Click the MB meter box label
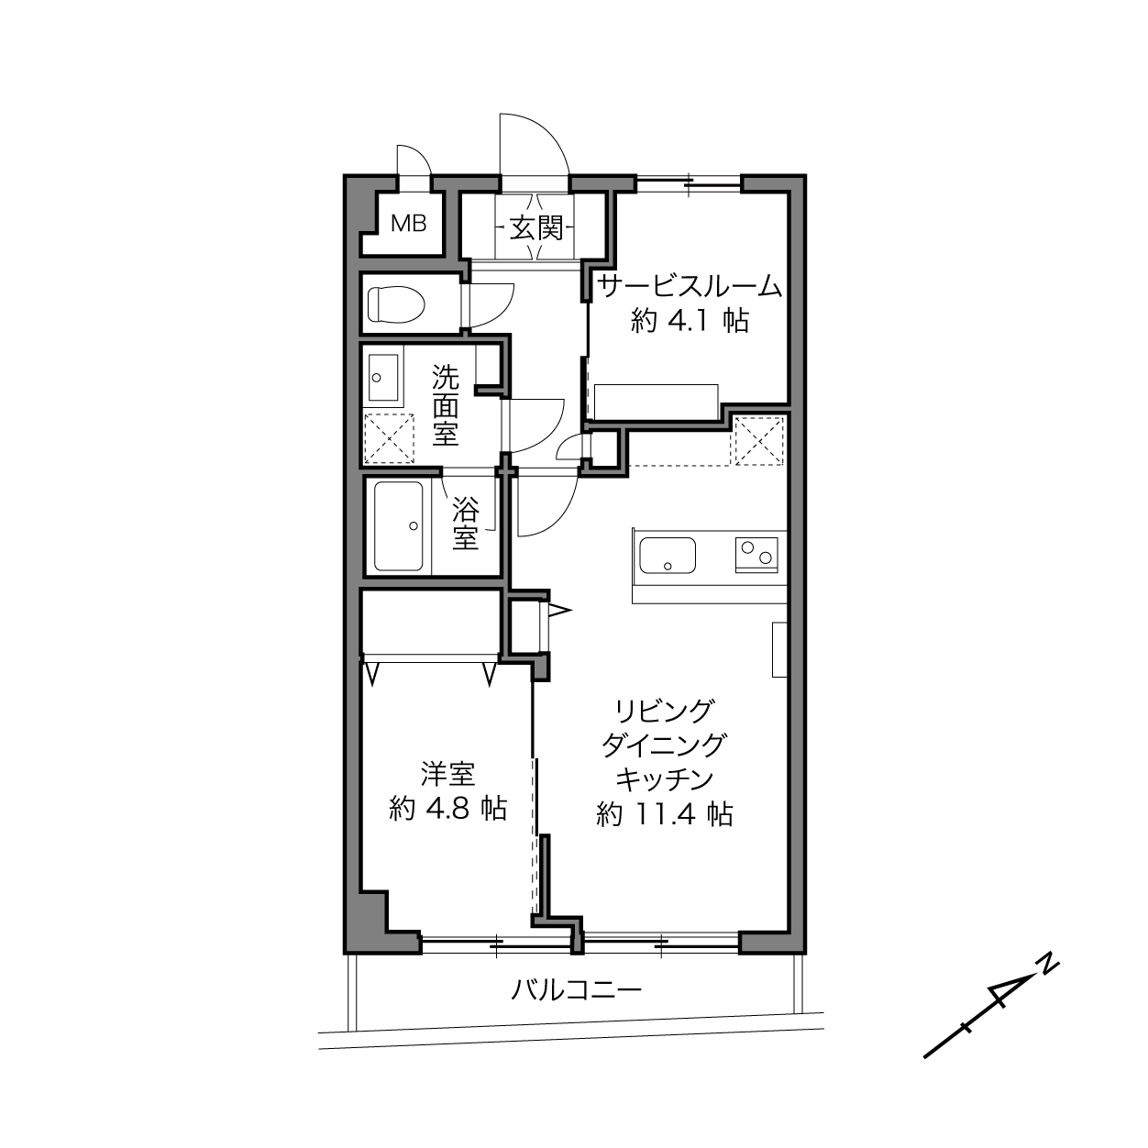click(x=409, y=224)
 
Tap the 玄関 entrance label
click(x=536, y=227)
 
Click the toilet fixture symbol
click(x=396, y=304)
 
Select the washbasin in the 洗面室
click(x=383, y=377)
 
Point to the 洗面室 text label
click(x=445, y=405)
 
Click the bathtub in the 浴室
click(x=399, y=526)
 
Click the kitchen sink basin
click(x=668, y=555)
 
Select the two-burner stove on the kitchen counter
click(x=756, y=555)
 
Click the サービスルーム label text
click(x=690, y=287)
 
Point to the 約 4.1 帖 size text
click(x=690, y=322)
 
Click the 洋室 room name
click(x=447, y=774)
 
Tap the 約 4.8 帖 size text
click(x=447, y=809)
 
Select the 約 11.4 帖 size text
click(x=664, y=814)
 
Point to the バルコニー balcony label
click(x=576, y=990)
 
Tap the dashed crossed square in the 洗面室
click(x=389, y=438)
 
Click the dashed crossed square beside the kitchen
click(x=759, y=441)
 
